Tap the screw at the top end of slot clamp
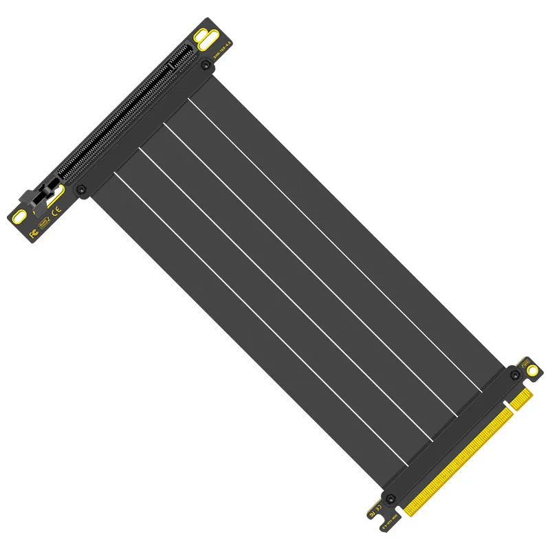(x=206, y=65)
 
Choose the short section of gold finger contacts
(x=520, y=399)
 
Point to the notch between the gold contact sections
(x=510, y=410)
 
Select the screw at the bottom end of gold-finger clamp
(x=391, y=497)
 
